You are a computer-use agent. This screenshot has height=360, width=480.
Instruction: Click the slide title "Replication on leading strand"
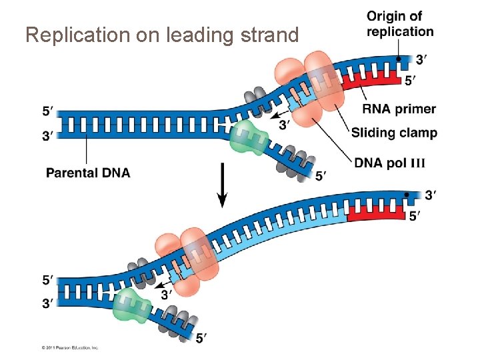click(x=161, y=35)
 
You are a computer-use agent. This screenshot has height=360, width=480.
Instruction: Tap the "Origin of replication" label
click(x=400, y=23)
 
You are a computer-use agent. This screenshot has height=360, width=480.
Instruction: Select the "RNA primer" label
click(x=399, y=109)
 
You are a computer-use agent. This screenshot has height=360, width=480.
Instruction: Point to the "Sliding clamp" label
click(x=394, y=133)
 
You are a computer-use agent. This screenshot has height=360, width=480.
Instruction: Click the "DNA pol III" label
click(x=389, y=163)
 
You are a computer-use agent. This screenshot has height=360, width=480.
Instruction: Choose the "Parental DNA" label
click(x=88, y=173)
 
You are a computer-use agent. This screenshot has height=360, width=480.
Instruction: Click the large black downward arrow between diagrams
click(x=223, y=189)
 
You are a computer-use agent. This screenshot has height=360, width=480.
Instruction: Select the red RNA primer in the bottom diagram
click(x=375, y=213)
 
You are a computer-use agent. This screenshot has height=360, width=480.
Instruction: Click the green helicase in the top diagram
click(x=247, y=139)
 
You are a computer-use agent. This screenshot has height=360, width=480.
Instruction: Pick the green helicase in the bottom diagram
click(x=133, y=306)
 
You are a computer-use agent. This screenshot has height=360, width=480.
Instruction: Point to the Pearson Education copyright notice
click(x=69, y=347)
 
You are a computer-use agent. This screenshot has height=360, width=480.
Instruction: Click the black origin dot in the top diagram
click(x=399, y=59)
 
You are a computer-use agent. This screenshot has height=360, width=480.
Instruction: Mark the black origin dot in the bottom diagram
click(x=407, y=195)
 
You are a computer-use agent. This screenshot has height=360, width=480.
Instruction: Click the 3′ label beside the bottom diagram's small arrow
click(x=167, y=293)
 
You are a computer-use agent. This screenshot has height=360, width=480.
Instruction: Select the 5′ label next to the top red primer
click(x=412, y=81)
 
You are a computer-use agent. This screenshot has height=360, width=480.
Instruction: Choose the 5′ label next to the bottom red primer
click(x=415, y=216)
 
